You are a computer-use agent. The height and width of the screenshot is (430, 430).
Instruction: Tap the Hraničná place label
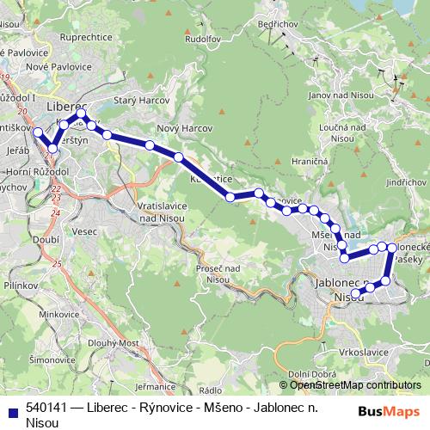coord(308,160)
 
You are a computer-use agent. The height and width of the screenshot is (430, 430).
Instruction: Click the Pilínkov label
coord(20,282)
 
